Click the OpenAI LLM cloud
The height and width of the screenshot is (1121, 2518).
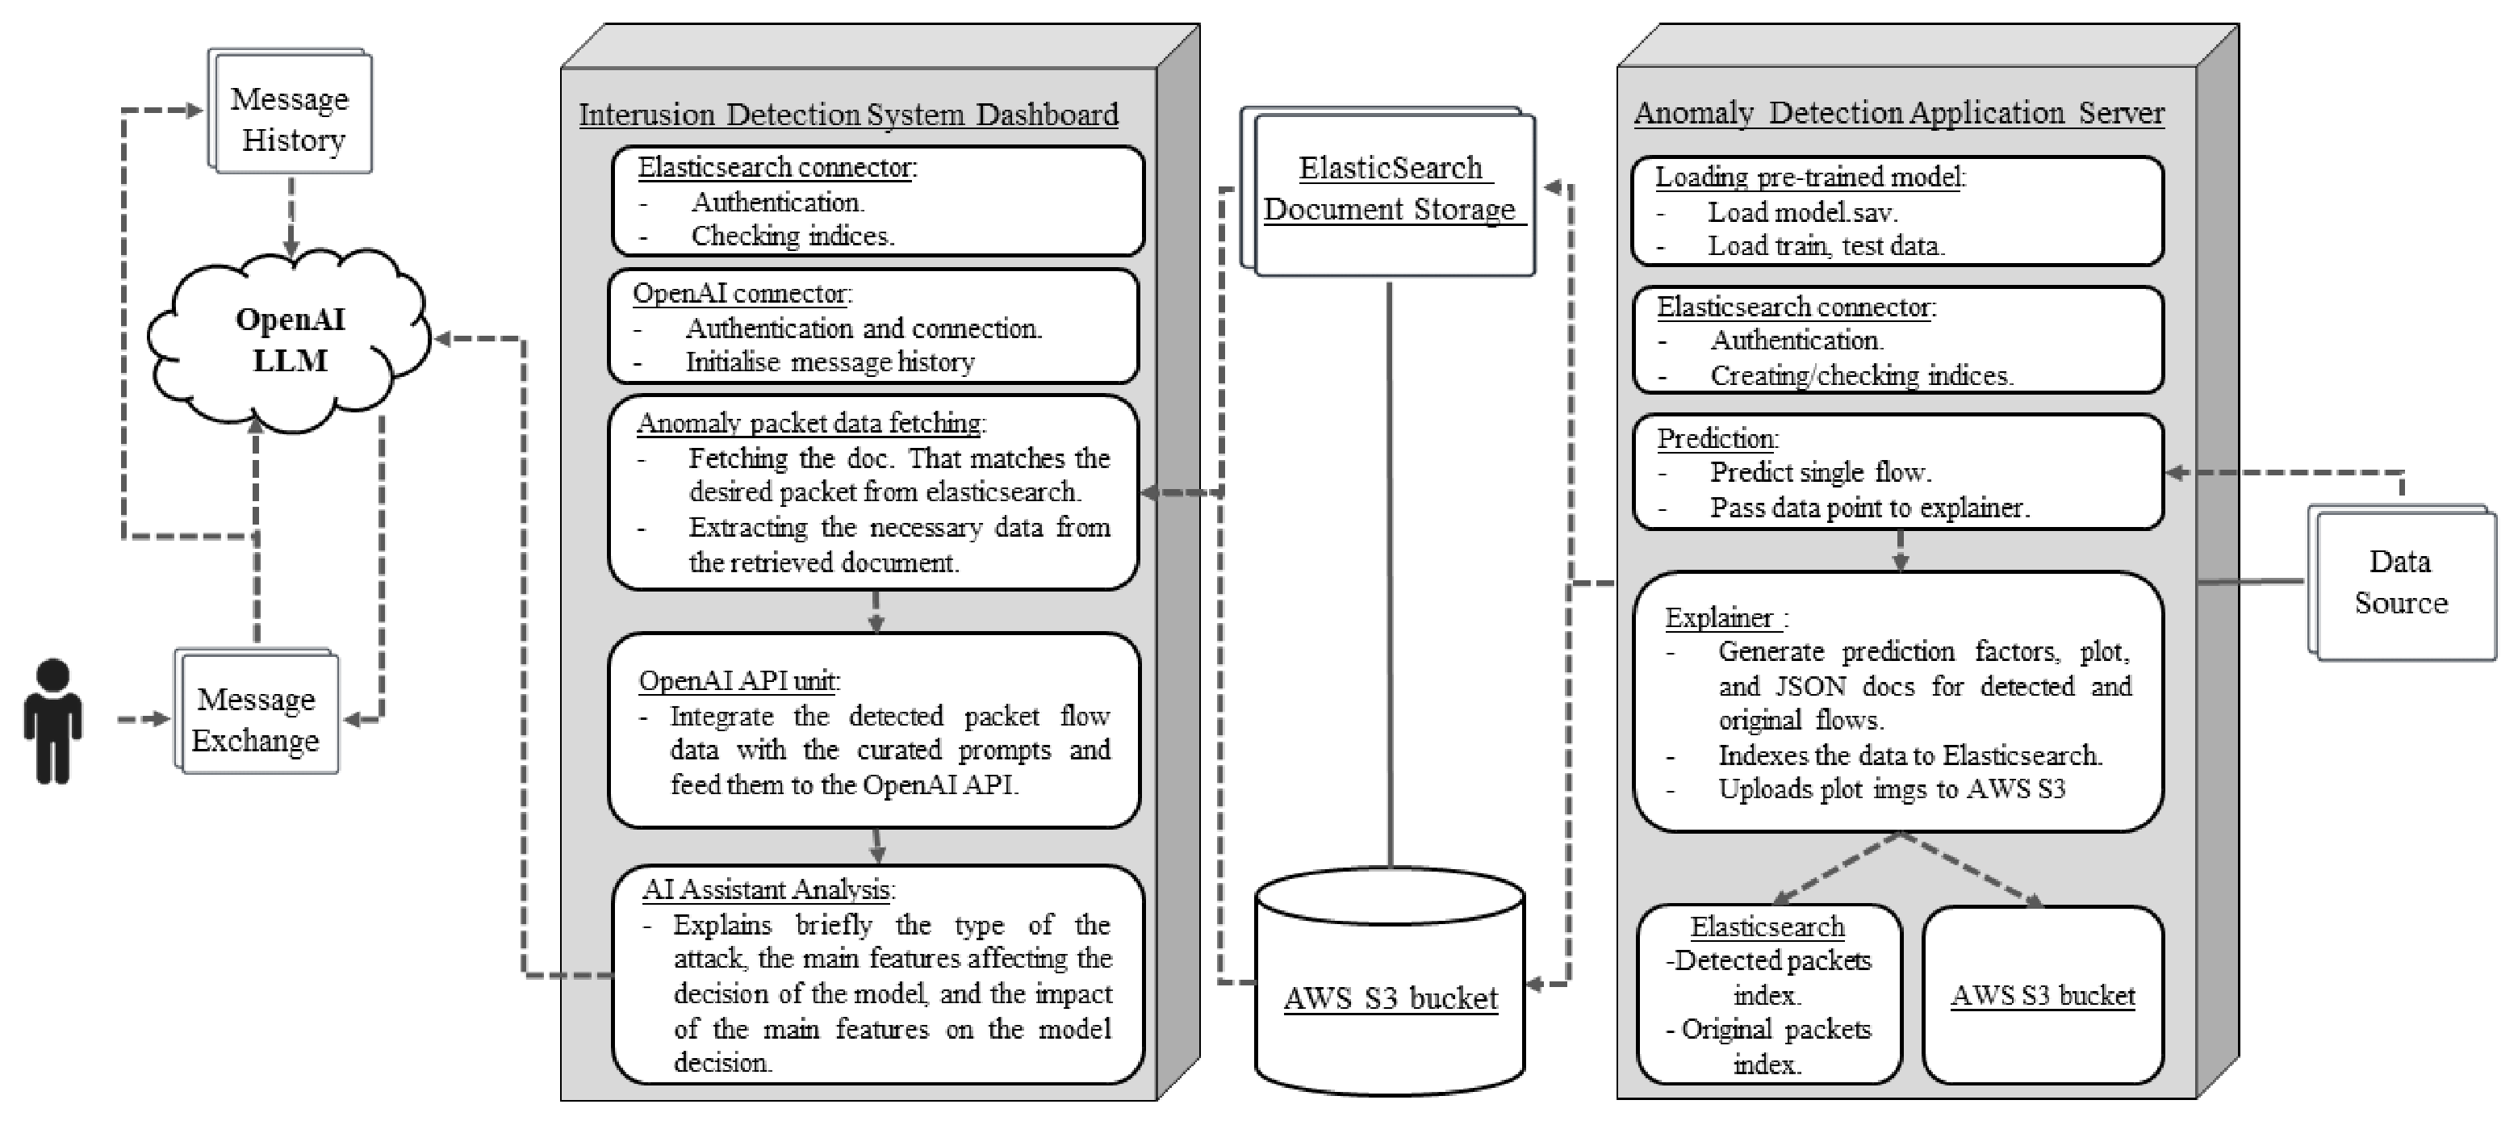(x=290, y=340)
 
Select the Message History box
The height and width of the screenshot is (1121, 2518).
(x=291, y=111)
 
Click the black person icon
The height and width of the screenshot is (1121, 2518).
(x=52, y=722)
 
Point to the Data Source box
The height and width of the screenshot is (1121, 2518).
(x=2402, y=583)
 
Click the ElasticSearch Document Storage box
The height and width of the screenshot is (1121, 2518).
(x=1388, y=191)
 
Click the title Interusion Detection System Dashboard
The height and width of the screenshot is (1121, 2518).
(x=848, y=115)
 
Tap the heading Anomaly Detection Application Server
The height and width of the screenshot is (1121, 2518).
(x=1899, y=112)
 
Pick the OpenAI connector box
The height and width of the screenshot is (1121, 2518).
(x=874, y=326)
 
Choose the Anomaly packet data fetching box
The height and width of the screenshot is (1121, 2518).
(x=874, y=492)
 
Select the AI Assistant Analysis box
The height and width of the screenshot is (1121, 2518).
(x=878, y=974)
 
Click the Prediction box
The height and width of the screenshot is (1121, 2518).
(x=1898, y=472)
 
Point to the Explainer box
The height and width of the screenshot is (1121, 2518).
(x=1898, y=701)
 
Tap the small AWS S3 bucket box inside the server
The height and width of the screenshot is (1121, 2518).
(x=2043, y=995)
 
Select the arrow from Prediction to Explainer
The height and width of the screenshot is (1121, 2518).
(x=1899, y=551)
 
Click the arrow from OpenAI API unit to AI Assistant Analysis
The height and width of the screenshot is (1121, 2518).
(x=876, y=847)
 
